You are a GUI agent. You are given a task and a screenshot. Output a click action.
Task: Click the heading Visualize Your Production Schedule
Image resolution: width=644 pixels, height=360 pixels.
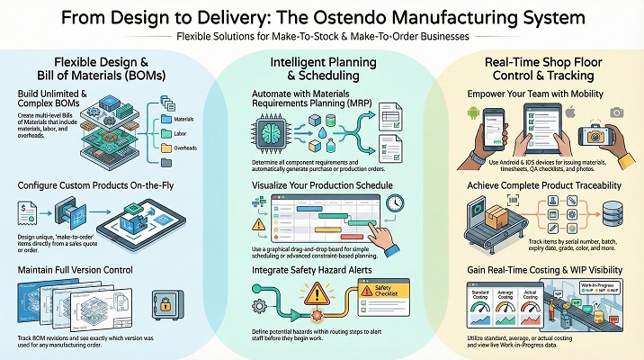click(x=322, y=186)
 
